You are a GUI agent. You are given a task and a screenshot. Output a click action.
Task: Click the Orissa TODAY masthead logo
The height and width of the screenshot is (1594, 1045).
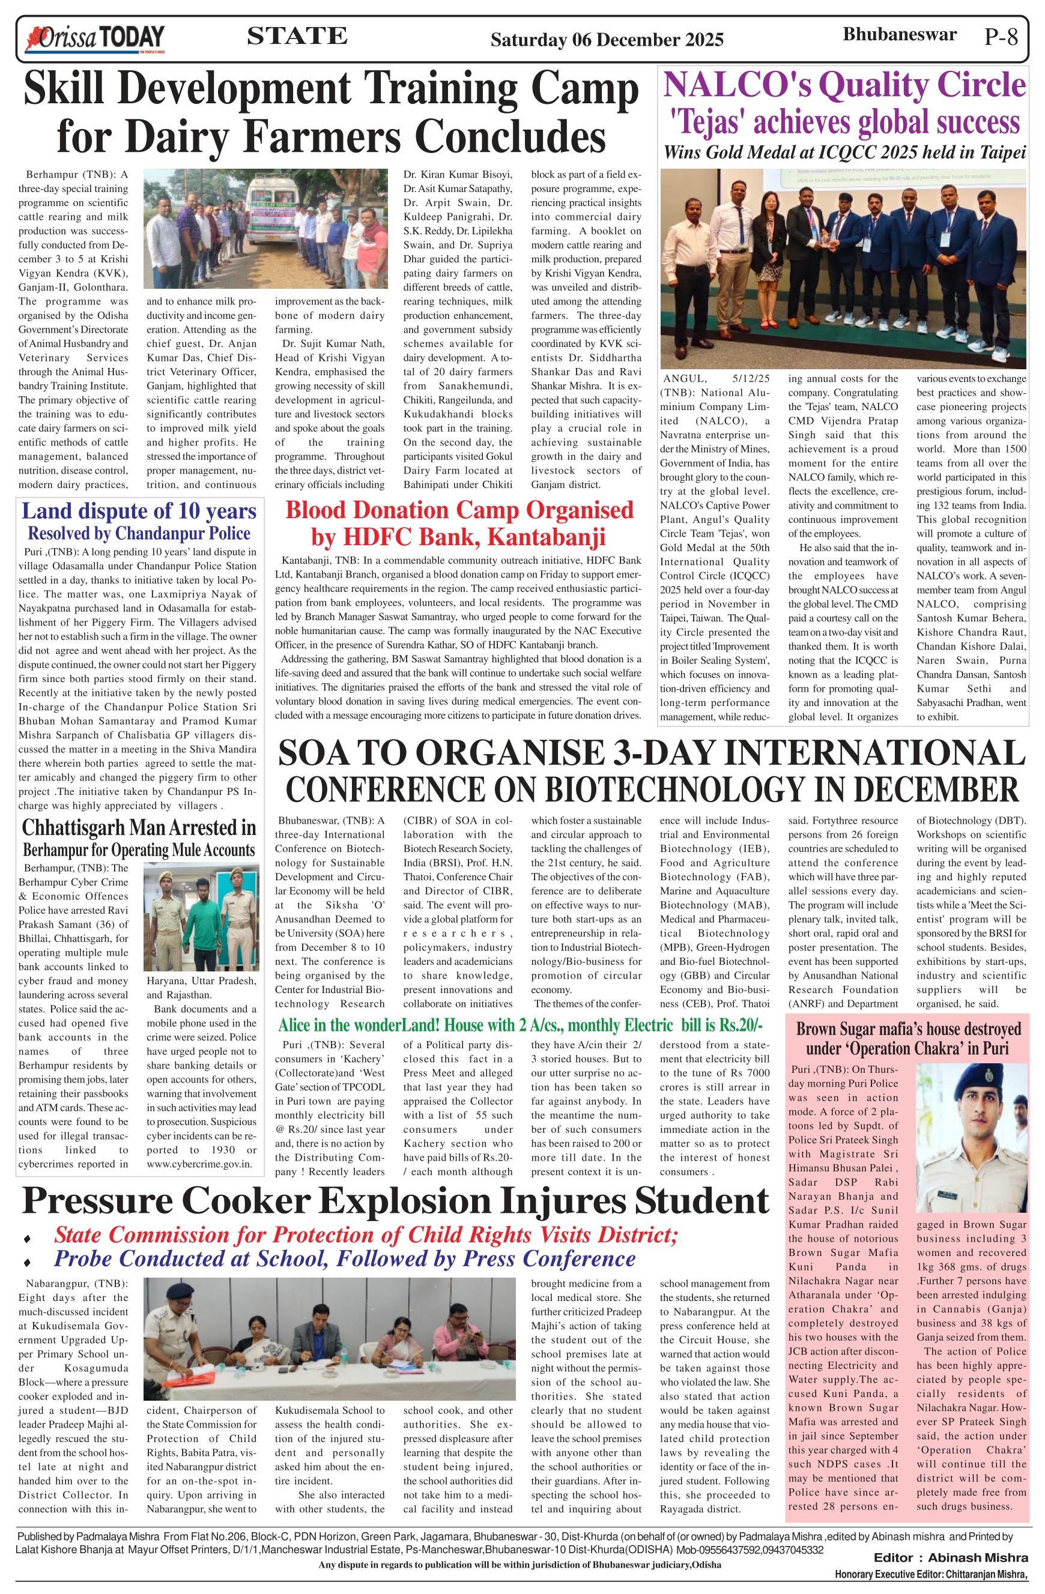94,39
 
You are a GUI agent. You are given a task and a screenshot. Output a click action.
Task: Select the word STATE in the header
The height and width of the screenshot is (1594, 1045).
297,36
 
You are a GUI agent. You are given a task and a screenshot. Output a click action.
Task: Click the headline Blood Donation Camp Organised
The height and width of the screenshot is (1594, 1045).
459,510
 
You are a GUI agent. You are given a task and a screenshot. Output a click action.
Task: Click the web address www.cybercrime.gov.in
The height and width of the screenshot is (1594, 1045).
201,1164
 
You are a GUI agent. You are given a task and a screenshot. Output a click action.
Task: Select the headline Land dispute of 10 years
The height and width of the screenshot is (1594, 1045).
139,512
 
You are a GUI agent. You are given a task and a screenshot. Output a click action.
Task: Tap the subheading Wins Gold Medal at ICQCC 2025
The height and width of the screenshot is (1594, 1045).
844,152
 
